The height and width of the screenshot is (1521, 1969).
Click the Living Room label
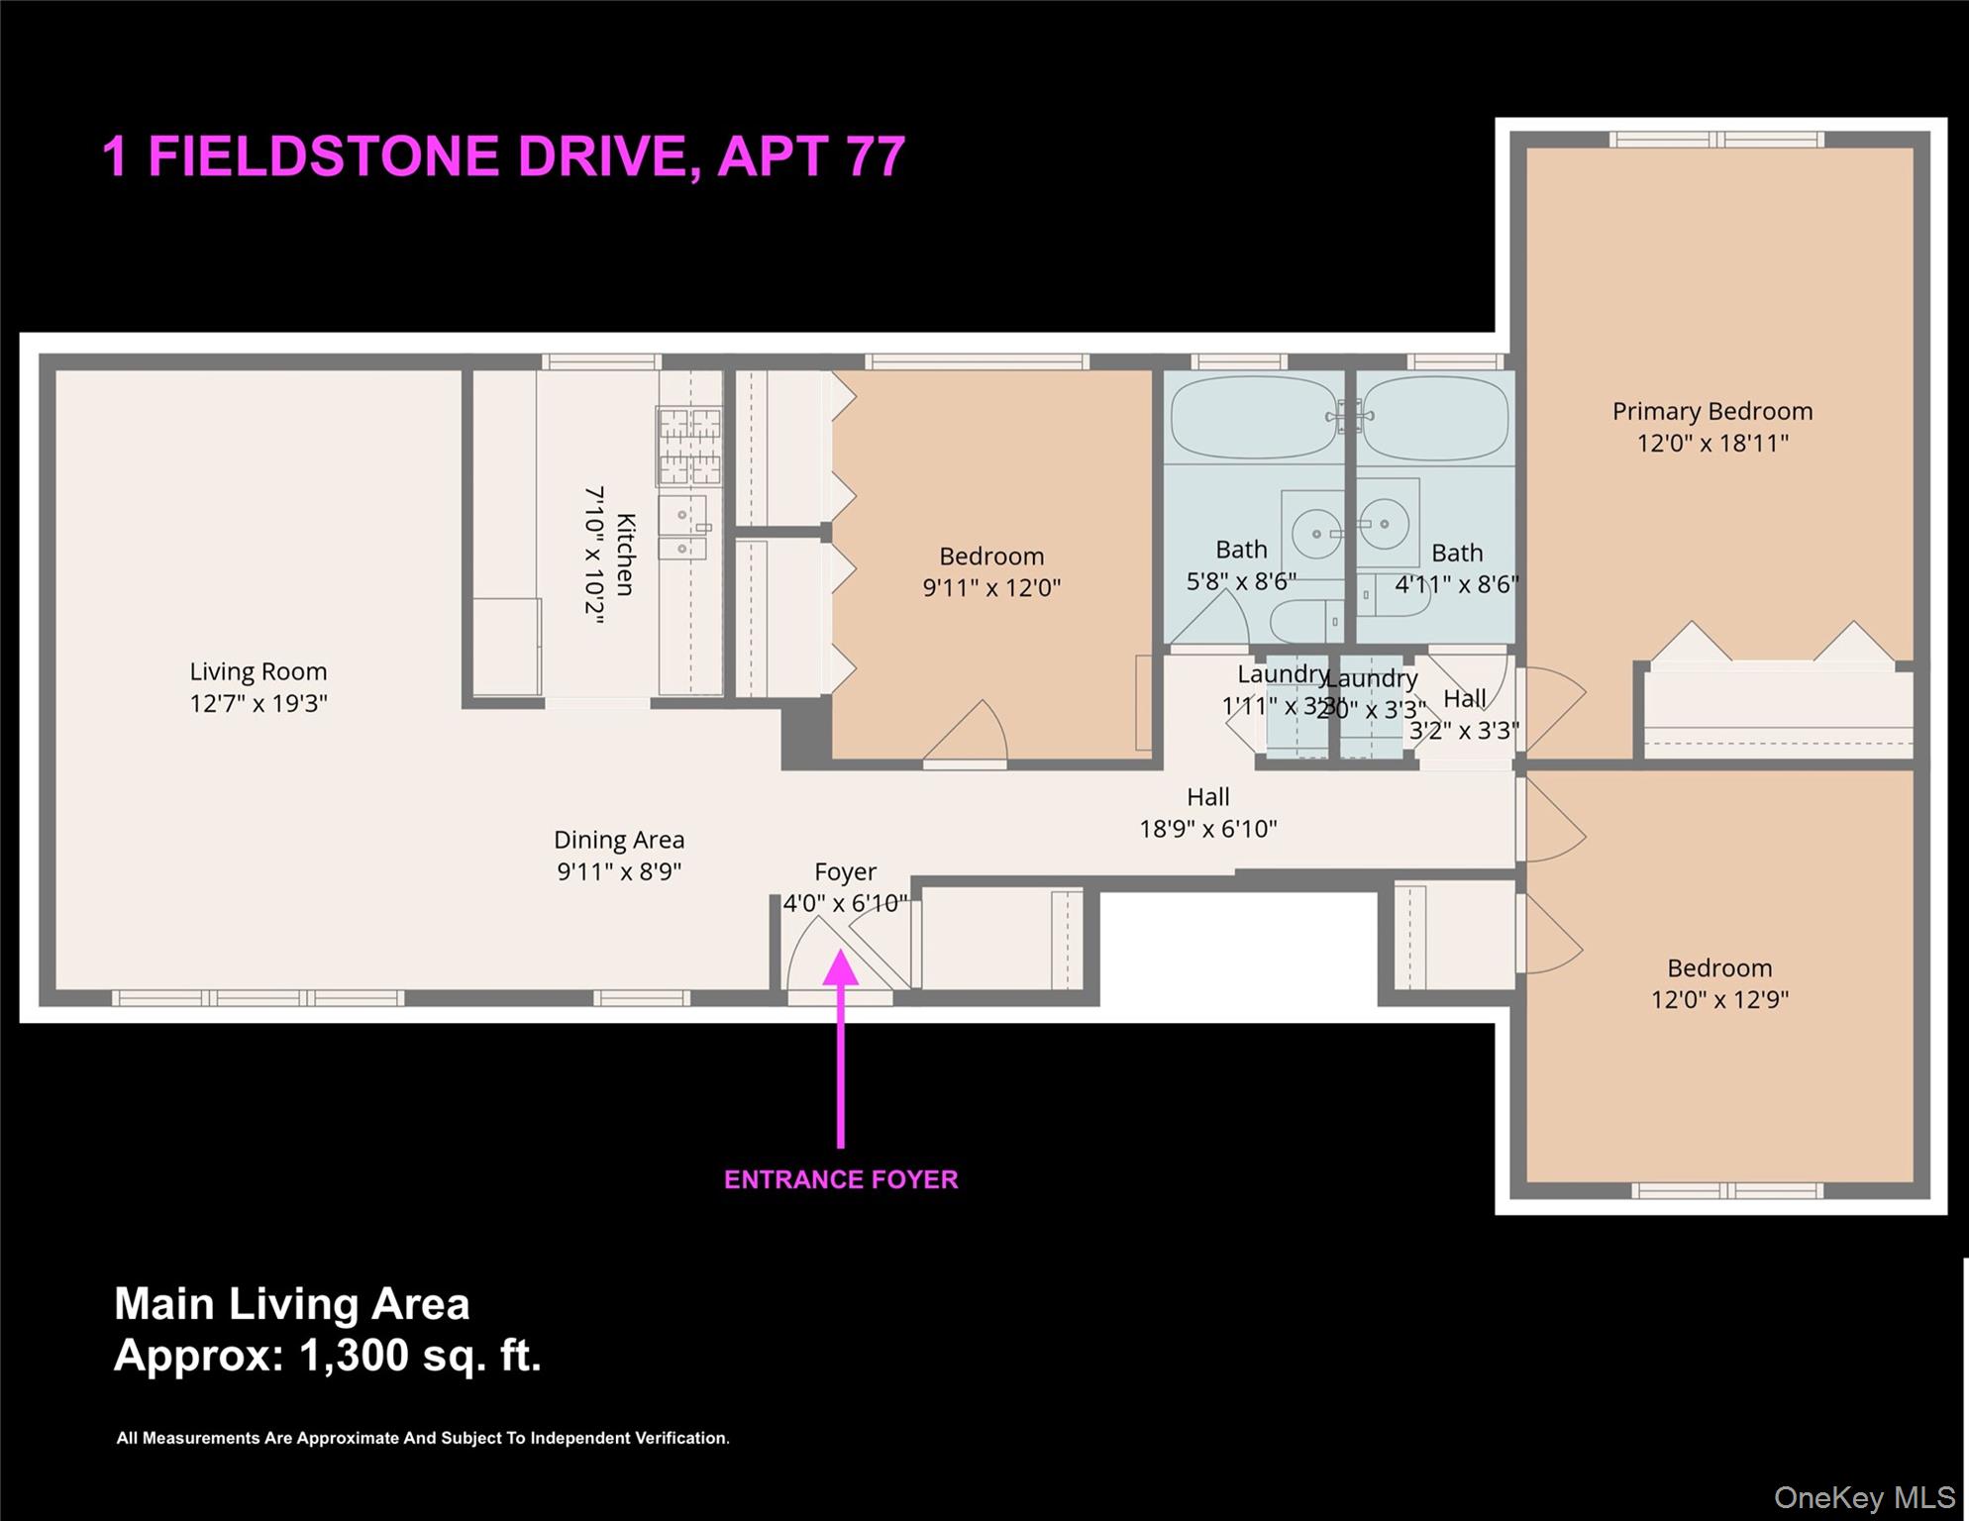pyautogui.click(x=259, y=671)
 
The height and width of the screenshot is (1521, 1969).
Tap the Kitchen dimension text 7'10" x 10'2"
pyautogui.click(x=593, y=555)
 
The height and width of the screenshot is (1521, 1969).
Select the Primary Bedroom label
pyautogui.click(x=1711, y=411)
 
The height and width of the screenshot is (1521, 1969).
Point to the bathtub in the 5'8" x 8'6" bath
pyautogui.click(x=1253, y=418)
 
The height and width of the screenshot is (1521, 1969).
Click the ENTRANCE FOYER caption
pyautogui.click(x=841, y=1179)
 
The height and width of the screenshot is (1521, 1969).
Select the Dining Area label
pyautogui.click(x=619, y=840)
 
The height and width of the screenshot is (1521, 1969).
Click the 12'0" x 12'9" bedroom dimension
pyautogui.click(x=1719, y=999)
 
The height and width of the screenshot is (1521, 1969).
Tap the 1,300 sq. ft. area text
pyautogui.click(x=421, y=1355)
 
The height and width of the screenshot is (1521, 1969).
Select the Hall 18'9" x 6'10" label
pyautogui.click(x=1207, y=812)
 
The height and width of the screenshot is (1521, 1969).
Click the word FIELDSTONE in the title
pyautogui.click(x=417, y=156)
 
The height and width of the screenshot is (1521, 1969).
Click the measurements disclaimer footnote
pyautogui.click(x=423, y=1438)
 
